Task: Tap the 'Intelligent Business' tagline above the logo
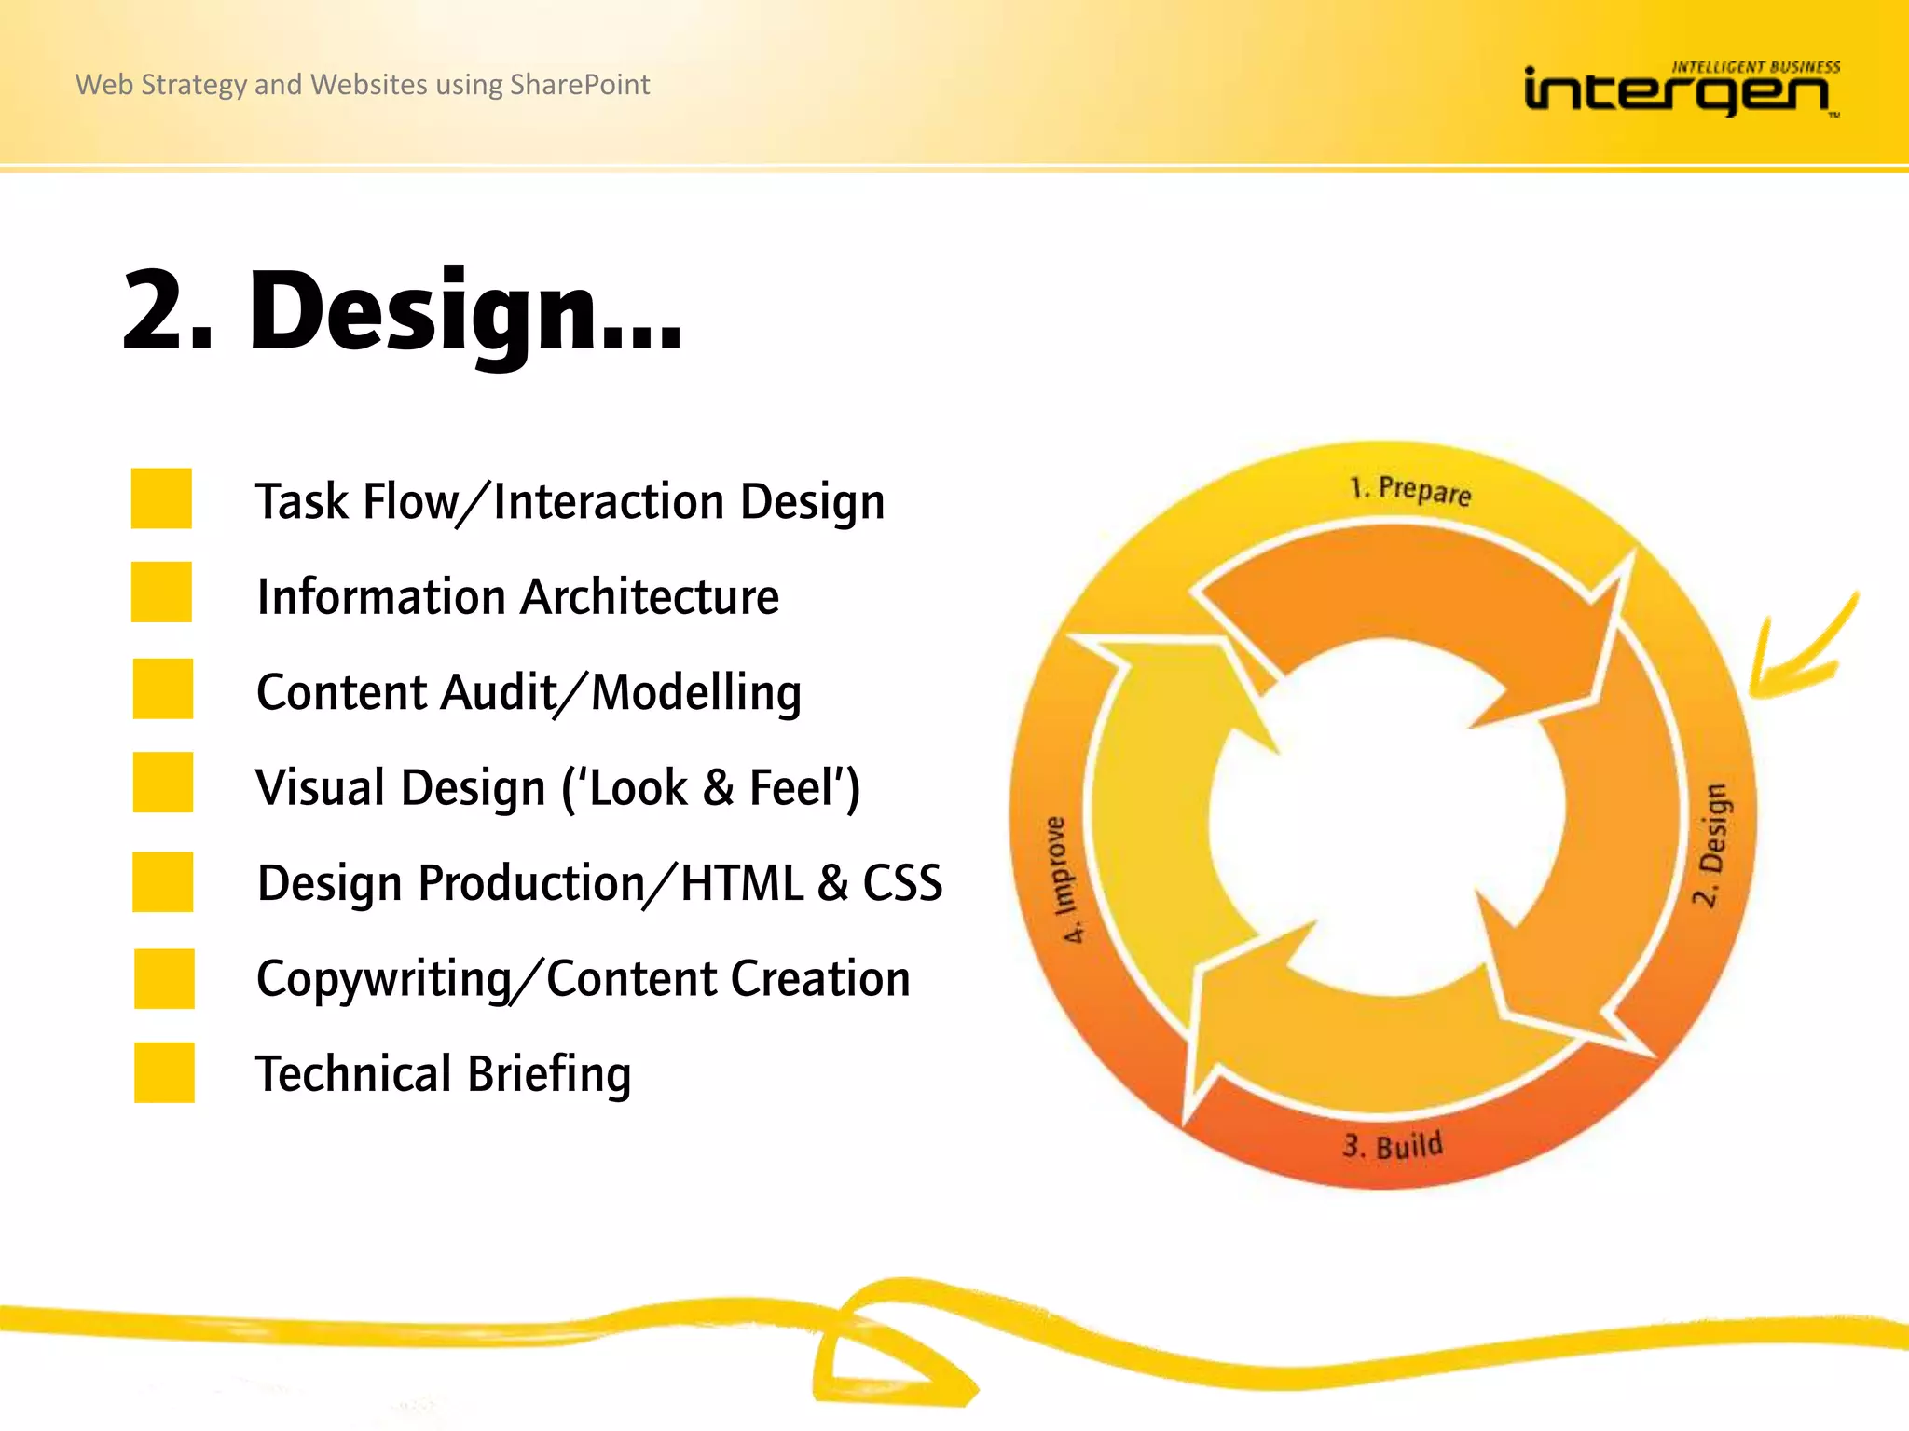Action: click(1755, 67)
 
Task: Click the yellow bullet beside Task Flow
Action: click(161, 498)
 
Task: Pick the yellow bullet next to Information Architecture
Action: click(161, 592)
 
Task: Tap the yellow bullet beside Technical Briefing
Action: click(164, 1072)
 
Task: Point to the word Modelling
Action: click(696, 693)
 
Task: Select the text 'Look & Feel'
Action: click(712, 788)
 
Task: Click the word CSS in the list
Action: click(901, 883)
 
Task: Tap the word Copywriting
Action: click(384, 980)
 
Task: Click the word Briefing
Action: click(549, 1074)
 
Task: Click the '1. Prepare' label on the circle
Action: click(1409, 490)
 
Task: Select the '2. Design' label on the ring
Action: click(1711, 844)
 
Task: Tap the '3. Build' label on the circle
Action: click(1393, 1145)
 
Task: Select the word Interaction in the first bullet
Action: click(609, 502)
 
